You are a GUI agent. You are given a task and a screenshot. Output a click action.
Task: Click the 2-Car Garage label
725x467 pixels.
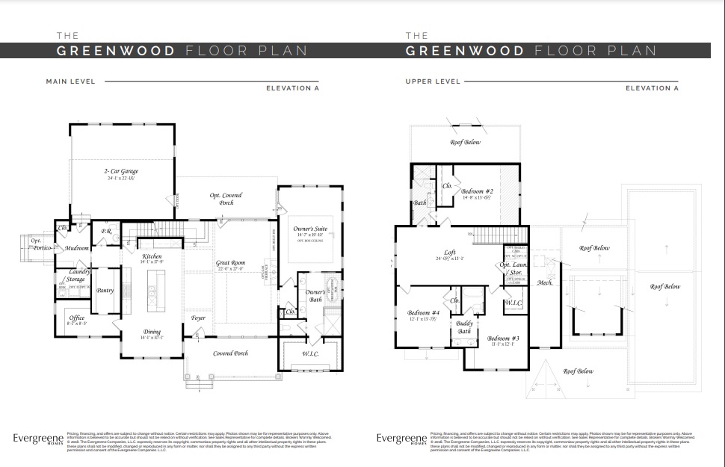pyautogui.click(x=121, y=171)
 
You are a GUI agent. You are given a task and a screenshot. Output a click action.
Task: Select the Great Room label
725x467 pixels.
pyautogui.click(x=231, y=262)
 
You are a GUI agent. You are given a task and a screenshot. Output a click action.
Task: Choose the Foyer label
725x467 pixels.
pyautogui.click(x=198, y=318)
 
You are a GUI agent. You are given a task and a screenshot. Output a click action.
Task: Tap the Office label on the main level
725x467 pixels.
pyautogui.click(x=76, y=318)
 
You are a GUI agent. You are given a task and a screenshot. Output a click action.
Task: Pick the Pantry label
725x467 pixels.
pyautogui.click(x=105, y=290)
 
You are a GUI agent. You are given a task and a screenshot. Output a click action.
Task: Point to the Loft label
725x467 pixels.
pyautogui.click(x=450, y=253)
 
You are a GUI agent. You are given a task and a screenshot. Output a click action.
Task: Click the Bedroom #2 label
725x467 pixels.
pyautogui.click(x=477, y=191)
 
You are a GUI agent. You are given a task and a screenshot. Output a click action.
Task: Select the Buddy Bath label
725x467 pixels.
pyautogui.click(x=464, y=327)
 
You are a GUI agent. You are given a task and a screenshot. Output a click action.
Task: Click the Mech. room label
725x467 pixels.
pyautogui.click(x=544, y=282)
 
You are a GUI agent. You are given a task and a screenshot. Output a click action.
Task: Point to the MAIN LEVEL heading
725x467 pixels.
pyautogui.click(x=70, y=81)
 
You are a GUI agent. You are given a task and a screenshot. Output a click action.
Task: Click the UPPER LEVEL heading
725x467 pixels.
pyautogui.click(x=433, y=81)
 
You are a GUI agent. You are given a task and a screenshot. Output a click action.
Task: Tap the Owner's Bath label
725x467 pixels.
pyautogui.click(x=315, y=295)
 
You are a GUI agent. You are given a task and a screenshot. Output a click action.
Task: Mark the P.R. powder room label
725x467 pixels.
pyautogui.click(x=108, y=231)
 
